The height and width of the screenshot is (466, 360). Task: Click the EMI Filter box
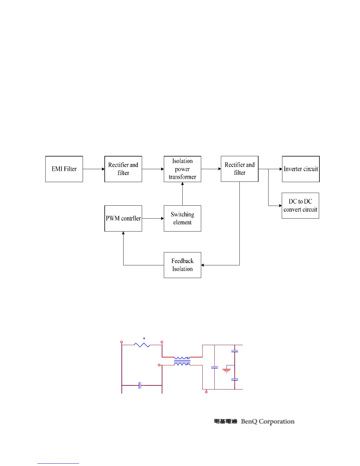[64, 169]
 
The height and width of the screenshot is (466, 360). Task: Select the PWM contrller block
[123, 218]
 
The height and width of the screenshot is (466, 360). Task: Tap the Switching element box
[182, 218]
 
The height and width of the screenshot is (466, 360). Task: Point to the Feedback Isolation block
[182, 265]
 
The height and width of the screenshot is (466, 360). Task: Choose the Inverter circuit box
[301, 169]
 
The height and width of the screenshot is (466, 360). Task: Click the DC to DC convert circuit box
[300, 206]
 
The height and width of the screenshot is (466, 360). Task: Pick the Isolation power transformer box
[182, 169]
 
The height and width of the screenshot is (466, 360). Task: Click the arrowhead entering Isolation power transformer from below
[182, 184]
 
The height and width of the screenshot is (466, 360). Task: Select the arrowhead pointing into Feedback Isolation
[203, 265]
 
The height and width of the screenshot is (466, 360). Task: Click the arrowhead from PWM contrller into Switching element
[162, 218]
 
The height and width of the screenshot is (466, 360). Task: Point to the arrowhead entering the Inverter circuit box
[281, 169]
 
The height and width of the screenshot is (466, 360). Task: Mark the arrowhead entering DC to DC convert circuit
[280, 206]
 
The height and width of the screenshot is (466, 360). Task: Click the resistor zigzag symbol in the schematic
[142, 344]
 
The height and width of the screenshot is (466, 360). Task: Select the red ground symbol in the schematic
[226, 371]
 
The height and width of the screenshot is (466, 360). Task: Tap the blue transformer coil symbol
[182, 361]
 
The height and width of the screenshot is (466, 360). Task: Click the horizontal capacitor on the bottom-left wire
[140, 385]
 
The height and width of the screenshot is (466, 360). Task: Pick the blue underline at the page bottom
[58, 463]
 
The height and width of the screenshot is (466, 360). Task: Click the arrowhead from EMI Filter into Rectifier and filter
[103, 169]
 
